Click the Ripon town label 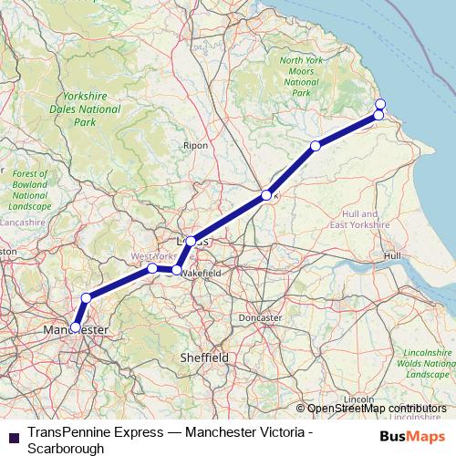click(x=195, y=145)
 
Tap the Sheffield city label click(x=204, y=358)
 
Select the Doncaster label click(x=259, y=317)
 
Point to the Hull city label click(x=393, y=256)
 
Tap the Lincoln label click(x=359, y=399)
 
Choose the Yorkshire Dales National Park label click(x=84, y=109)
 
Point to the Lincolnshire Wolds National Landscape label click(x=428, y=363)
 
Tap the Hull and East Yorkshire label click(x=359, y=217)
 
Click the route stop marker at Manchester click(x=76, y=326)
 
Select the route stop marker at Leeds click(x=191, y=241)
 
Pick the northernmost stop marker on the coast click(x=380, y=104)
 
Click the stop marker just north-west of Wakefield click(x=176, y=270)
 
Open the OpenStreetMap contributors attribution click(x=376, y=408)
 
